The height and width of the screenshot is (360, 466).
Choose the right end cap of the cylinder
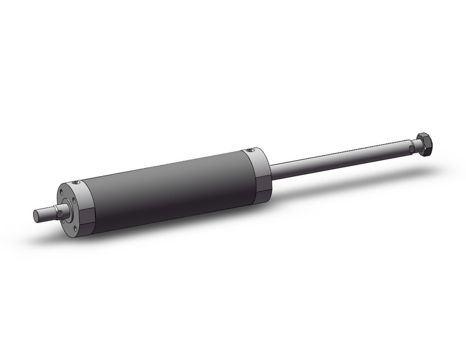tap(258, 174)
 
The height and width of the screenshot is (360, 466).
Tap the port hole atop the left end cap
tap(75, 183)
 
